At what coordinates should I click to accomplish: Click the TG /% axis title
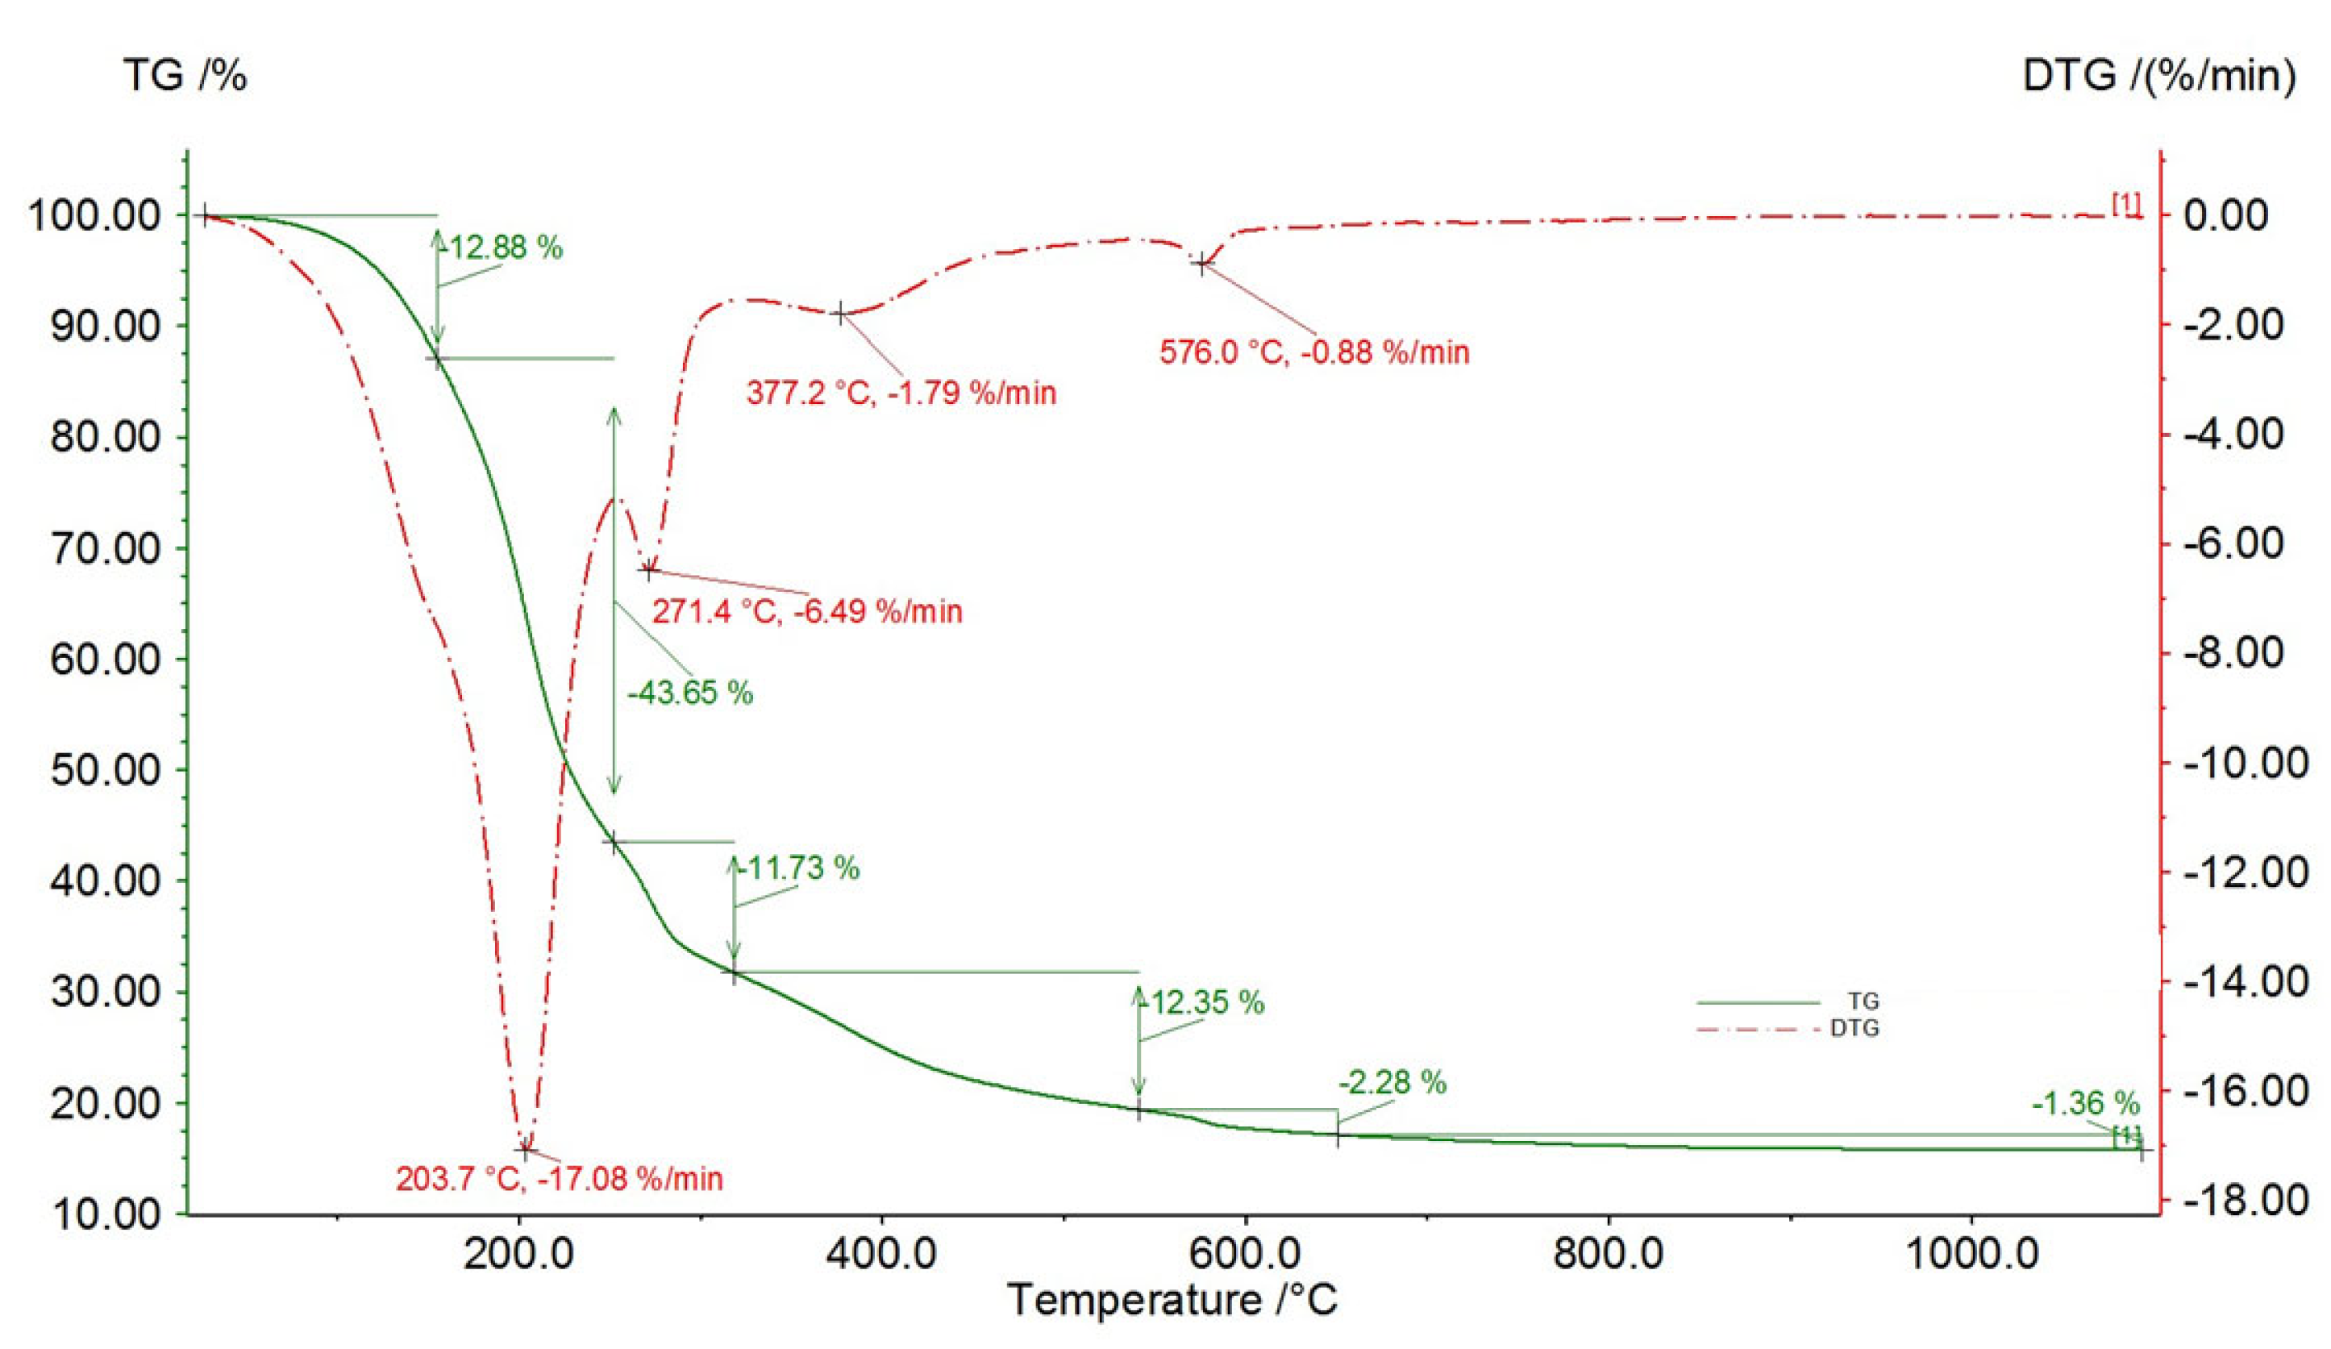(x=185, y=76)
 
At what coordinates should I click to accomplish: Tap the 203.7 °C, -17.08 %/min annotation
(x=560, y=1179)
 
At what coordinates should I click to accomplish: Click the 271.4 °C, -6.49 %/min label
(x=808, y=611)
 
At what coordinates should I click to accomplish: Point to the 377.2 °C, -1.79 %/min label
(x=901, y=393)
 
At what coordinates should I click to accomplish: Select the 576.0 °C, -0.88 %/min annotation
(x=1314, y=352)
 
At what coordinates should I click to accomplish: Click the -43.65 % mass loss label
(x=690, y=693)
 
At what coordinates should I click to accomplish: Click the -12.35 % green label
(x=1205, y=1003)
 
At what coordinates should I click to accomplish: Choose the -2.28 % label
(x=1392, y=1083)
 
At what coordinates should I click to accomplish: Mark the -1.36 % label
(x=2085, y=1104)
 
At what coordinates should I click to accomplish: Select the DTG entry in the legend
(x=1854, y=1028)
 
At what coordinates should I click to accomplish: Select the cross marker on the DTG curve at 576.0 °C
(x=1201, y=264)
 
